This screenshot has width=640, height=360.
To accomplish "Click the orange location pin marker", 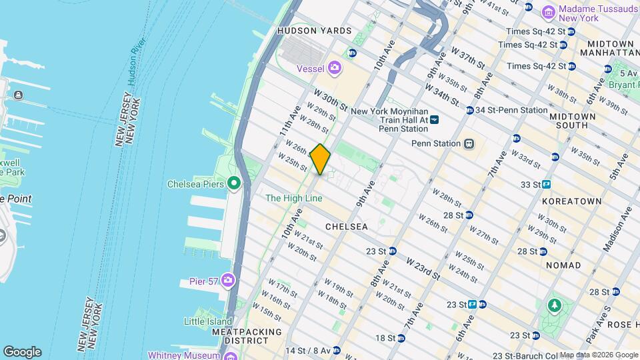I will [321, 159].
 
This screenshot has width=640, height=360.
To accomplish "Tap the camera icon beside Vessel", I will [334, 67].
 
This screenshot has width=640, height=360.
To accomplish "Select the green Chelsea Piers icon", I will [233, 183].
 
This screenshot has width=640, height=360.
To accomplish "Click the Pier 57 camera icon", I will [228, 281].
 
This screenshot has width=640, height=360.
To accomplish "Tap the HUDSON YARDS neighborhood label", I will [314, 31].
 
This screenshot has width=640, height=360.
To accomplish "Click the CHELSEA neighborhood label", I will [346, 227].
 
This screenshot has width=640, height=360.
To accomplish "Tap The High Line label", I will [294, 198].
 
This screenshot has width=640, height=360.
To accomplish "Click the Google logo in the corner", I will [22, 352].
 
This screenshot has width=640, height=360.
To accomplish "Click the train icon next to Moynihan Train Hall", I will [434, 119].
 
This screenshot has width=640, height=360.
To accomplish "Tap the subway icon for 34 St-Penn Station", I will [470, 111].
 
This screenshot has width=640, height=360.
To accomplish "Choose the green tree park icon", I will [553, 306].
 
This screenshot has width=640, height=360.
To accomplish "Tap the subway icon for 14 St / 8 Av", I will [337, 350].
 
